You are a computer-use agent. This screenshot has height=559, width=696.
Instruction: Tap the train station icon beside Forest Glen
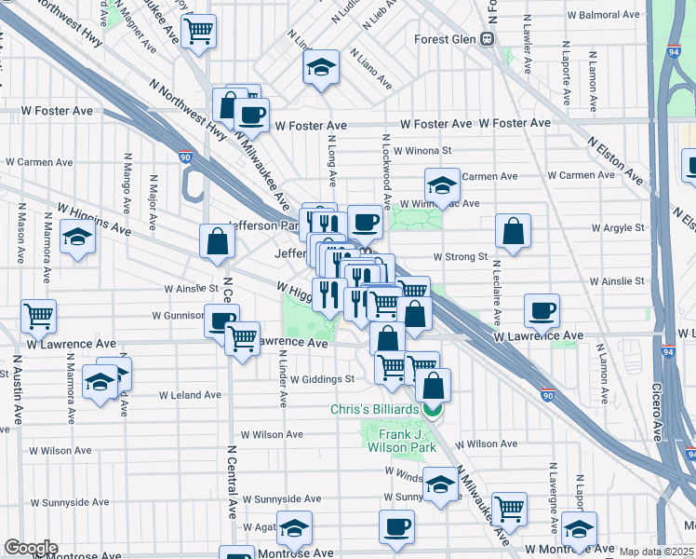point(486,39)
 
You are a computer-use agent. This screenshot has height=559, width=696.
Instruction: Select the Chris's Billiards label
point(376,409)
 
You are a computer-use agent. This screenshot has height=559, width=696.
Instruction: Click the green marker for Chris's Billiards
point(432,409)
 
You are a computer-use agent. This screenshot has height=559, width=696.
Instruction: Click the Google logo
point(31,548)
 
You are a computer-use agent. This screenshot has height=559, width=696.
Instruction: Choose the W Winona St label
point(422,150)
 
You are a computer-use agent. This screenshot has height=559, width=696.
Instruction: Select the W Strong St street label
point(460,256)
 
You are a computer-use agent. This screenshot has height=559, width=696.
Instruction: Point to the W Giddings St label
point(322,379)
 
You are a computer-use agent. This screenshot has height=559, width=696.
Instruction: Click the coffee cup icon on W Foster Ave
point(251,116)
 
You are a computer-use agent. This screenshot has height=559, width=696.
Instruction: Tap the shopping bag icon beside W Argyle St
point(513,232)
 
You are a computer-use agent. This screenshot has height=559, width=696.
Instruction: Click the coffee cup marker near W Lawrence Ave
point(542,310)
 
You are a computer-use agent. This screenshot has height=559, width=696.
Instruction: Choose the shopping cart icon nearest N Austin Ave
point(38,316)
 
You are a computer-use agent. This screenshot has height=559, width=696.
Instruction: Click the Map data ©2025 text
point(656,552)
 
